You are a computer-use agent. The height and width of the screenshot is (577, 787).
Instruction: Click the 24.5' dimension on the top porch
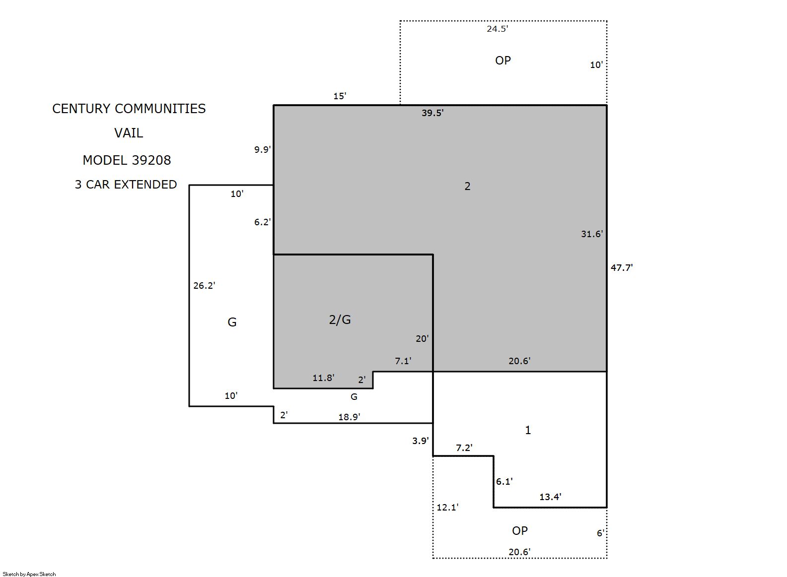pyautogui.click(x=497, y=29)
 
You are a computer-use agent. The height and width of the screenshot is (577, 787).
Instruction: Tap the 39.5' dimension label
pyautogui.click(x=432, y=113)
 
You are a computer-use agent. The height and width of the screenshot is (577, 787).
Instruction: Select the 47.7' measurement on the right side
pyautogui.click(x=622, y=267)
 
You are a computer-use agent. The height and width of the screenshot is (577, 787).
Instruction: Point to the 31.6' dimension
pyautogui.click(x=592, y=234)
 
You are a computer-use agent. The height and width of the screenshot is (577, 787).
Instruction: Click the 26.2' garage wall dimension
pyautogui.click(x=204, y=285)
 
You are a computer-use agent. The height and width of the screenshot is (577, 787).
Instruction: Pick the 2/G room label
pyautogui.click(x=340, y=320)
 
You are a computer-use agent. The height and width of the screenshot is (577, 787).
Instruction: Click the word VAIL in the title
pyautogui.click(x=129, y=133)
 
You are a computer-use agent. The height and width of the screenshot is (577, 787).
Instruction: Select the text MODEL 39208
pyautogui.click(x=127, y=160)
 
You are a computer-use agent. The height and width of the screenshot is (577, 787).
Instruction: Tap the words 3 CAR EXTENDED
pyautogui.click(x=126, y=184)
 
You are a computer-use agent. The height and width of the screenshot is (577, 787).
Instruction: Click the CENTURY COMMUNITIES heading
pyautogui.click(x=129, y=109)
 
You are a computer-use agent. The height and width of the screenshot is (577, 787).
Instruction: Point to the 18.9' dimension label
pyautogui.click(x=349, y=417)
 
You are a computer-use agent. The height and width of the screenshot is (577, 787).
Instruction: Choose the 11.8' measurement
pyautogui.click(x=324, y=378)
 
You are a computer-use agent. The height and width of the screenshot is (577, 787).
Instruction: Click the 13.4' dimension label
pyautogui.click(x=551, y=497)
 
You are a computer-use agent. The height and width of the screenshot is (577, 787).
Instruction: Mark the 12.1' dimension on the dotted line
pyautogui.click(x=447, y=507)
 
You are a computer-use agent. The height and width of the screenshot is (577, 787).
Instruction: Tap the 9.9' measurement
pyautogui.click(x=263, y=149)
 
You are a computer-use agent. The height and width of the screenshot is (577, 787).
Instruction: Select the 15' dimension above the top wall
pyautogui.click(x=340, y=96)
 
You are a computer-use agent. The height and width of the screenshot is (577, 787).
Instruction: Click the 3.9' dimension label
pyautogui.click(x=421, y=441)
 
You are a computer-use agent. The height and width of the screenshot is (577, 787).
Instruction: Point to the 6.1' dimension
pyautogui.click(x=504, y=482)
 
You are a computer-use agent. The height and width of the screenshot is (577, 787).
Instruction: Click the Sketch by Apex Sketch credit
pyautogui.click(x=29, y=574)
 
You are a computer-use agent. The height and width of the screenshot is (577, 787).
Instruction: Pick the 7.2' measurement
pyautogui.click(x=464, y=448)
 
